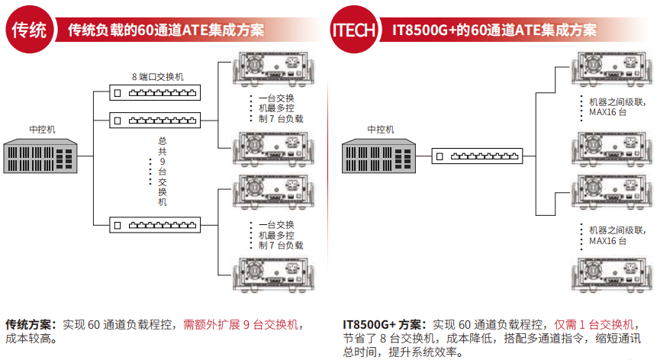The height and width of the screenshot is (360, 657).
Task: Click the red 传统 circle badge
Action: pyautogui.click(x=29, y=30)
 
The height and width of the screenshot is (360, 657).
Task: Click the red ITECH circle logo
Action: pyautogui.click(x=353, y=30)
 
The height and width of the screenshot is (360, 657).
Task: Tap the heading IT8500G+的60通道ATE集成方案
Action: pyautogui.click(x=494, y=30)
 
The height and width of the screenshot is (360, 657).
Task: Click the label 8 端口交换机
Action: pyautogui.click(x=157, y=77)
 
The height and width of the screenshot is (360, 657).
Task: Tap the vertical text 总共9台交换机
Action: pyautogui.click(x=162, y=172)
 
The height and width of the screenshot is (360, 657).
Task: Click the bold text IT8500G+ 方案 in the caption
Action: pyautogui.click(x=381, y=324)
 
